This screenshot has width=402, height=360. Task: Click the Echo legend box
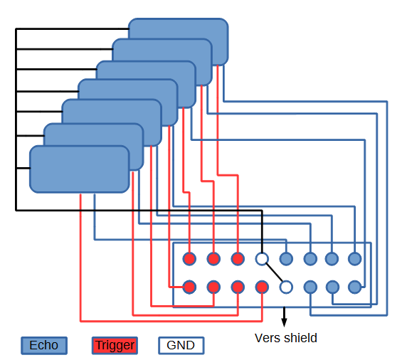point(44,345)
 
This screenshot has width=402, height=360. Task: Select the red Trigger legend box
point(115,345)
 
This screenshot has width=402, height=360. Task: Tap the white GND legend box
point(181,345)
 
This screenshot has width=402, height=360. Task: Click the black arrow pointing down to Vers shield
point(284,317)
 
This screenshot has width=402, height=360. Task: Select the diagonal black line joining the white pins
point(274,272)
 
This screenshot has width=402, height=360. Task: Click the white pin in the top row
point(262,259)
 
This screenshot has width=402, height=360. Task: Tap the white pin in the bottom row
point(286,287)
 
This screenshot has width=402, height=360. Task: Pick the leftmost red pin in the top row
point(189,259)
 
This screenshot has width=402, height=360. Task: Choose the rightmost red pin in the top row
point(238,259)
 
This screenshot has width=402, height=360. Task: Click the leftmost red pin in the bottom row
point(189,287)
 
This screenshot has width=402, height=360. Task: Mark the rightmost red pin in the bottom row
point(262,287)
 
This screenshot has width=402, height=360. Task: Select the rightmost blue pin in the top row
point(355,259)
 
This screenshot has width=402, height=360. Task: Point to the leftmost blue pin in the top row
point(286,259)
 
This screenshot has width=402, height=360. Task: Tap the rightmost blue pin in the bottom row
point(355,287)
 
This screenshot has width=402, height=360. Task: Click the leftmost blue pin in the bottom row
point(310,287)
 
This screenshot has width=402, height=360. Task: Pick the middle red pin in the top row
point(213,259)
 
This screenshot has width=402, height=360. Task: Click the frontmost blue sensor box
point(80,169)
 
